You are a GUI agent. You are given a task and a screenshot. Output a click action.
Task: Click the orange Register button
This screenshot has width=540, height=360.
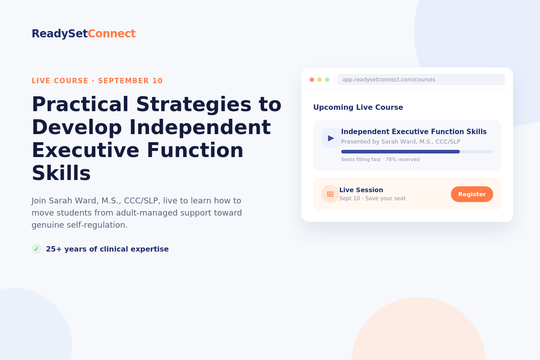pos(472,194)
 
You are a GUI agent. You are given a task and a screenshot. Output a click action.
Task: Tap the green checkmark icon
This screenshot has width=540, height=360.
pos(36,249)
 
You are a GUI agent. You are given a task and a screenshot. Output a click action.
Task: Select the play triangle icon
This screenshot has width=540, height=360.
pos(331,138)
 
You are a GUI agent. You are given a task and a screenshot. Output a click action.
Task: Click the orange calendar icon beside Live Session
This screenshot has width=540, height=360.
pos(330,194)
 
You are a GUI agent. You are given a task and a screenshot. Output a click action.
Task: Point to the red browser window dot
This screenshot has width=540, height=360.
pos(312,80)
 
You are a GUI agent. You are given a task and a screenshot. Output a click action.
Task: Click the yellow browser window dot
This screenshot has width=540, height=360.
pos(319,80)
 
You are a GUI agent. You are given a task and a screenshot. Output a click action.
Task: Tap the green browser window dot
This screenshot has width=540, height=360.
pos(327,80)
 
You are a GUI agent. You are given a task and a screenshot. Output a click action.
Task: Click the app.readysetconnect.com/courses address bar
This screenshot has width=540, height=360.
pos(421,80)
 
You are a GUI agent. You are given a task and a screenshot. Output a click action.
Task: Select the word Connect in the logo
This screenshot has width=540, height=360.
pos(112,33)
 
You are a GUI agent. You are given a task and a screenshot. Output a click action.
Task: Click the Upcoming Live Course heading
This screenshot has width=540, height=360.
pos(358,107)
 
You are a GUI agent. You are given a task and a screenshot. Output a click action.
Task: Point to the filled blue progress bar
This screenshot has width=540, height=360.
pos(400,152)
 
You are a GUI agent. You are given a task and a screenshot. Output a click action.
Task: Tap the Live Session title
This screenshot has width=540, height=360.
pos(361,190)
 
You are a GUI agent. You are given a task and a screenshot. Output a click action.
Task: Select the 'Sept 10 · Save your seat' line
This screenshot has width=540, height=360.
pos(373,198)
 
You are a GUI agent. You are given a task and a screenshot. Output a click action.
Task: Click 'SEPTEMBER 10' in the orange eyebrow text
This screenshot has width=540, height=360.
pos(130,81)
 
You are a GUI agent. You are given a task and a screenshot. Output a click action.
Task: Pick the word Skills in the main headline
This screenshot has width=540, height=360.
pos(61,173)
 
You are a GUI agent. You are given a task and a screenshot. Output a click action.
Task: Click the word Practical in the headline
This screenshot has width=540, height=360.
pos(80,104)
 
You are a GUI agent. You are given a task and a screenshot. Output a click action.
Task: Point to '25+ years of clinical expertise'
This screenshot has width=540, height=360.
pos(107,249)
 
